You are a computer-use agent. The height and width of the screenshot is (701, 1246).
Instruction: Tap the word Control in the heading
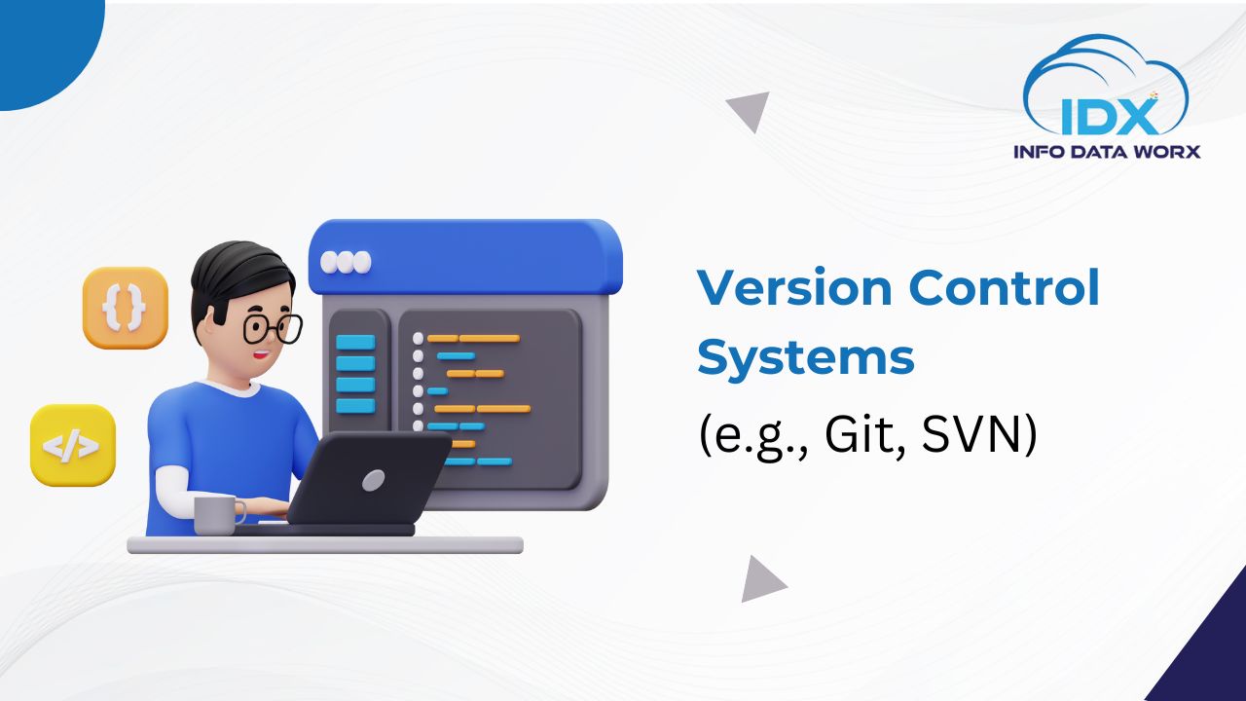pos(1004,286)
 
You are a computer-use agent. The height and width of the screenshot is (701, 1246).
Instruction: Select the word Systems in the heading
pos(806,358)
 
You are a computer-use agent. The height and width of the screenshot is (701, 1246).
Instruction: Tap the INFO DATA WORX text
pos(1107,151)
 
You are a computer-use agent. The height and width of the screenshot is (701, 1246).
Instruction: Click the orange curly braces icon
pos(126,308)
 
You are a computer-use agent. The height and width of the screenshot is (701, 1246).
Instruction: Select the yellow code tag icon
pos(73,445)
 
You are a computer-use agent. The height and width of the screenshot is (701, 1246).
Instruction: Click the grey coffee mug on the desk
pos(218,515)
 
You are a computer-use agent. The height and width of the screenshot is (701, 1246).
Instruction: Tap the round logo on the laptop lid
pos(374,480)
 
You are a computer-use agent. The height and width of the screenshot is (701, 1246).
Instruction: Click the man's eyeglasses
pos(273,329)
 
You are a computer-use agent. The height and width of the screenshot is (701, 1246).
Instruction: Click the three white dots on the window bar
pos(346,263)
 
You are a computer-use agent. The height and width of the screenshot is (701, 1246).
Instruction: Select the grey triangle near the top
pos(751,109)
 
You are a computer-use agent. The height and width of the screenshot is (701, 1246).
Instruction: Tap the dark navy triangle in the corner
pos(1207,651)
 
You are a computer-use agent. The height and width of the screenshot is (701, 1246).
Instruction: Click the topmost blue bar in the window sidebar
pos(355,342)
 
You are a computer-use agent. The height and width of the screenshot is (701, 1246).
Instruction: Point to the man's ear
pos(207,325)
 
